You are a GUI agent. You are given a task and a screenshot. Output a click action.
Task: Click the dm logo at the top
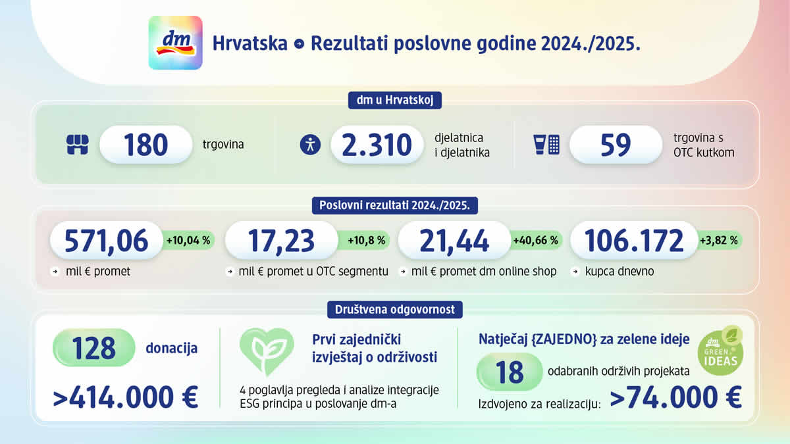click(x=175, y=43)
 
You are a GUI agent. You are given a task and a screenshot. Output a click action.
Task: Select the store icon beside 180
click(x=78, y=145)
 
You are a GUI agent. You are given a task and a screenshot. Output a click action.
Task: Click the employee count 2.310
click(x=377, y=145)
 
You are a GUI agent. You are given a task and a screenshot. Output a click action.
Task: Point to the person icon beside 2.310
click(x=310, y=145)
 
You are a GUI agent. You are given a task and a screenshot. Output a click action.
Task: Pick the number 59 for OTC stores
click(x=616, y=145)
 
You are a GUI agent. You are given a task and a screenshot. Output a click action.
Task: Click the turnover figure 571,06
click(x=106, y=241)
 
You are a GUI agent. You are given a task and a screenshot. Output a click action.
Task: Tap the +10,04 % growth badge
click(x=188, y=241)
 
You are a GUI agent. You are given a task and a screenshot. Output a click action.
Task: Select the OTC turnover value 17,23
click(x=281, y=241)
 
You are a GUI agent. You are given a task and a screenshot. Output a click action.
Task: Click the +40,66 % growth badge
click(x=535, y=241)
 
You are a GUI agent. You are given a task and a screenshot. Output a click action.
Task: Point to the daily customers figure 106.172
click(x=633, y=241)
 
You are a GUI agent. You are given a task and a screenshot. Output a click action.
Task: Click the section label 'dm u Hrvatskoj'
click(x=394, y=101)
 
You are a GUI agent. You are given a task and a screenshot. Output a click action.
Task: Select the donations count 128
click(x=94, y=348)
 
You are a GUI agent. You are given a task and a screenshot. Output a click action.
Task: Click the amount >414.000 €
click(x=126, y=398)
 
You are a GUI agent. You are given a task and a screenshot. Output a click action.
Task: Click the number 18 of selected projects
click(x=509, y=372)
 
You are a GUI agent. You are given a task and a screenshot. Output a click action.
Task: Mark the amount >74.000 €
click(x=675, y=398)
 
